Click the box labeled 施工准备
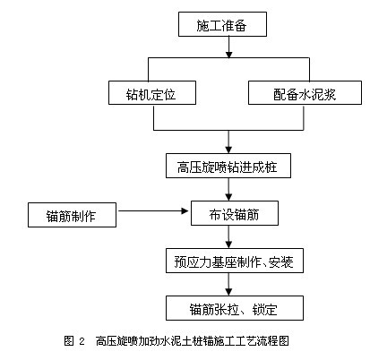222,24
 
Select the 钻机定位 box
152,92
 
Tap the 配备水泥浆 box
305,92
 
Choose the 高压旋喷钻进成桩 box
228,166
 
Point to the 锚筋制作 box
72,215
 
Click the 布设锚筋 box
235,213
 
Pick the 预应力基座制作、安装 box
235,261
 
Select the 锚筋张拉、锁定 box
235,308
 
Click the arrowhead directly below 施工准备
228,55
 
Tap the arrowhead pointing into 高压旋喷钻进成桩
228,150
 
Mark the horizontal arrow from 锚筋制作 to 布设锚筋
153,211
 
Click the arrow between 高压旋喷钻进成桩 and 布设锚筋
228,190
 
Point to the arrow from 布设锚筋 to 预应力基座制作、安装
228,237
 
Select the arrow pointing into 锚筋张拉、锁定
228,285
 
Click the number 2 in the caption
82,341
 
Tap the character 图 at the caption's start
69,340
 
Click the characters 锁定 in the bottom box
264,309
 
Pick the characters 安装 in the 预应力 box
281,261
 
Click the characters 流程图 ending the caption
274,340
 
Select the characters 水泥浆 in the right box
317,94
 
